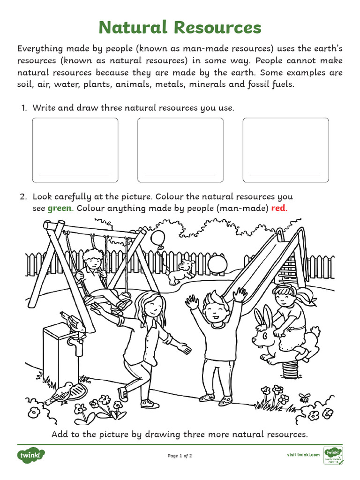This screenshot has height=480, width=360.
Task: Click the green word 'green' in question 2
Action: (x=59, y=208)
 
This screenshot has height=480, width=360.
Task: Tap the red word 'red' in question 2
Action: (x=278, y=208)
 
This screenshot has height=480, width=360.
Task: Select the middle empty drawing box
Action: (x=180, y=150)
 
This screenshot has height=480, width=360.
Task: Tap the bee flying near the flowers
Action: (x=305, y=397)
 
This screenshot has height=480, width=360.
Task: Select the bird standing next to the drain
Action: (x=61, y=391)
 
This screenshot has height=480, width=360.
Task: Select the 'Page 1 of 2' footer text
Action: (x=180, y=456)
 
